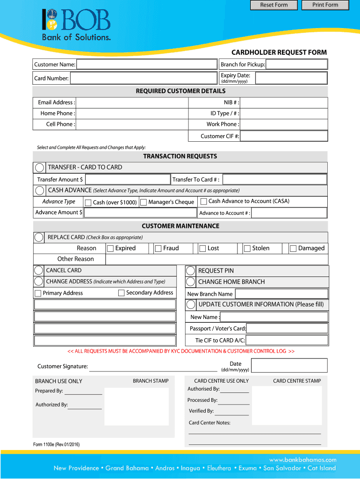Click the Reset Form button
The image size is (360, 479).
pyautogui.click(x=274, y=5)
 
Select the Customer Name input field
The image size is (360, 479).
pyautogui.click(x=147, y=65)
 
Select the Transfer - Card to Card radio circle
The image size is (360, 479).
pyautogui.click(x=40, y=167)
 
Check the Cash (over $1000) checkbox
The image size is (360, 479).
pyautogui.click(x=88, y=203)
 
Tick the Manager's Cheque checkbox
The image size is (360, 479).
pyautogui.click(x=144, y=203)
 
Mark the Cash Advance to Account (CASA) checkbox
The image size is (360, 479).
pyautogui.click(x=204, y=202)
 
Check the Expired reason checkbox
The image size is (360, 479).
pyautogui.click(x=110, y=248)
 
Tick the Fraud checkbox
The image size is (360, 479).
pyautogui.click(x=158, y=248)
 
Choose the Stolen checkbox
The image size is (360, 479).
pyautogui.click(x=247, y=248)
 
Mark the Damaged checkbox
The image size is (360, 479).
pyautogui.click(x=293, y=248)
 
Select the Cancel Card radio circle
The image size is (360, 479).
pyautogui.click(x=39, y=270)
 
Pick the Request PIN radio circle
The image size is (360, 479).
pyautogui.click(x=191, y=271)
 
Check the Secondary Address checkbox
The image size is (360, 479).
pyautogui.click(x=122, y=293)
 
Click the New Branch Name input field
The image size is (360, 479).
pyautogui.click(x=281, y=294)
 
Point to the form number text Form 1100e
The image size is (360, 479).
pyautogui.click(x=56, y=444)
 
